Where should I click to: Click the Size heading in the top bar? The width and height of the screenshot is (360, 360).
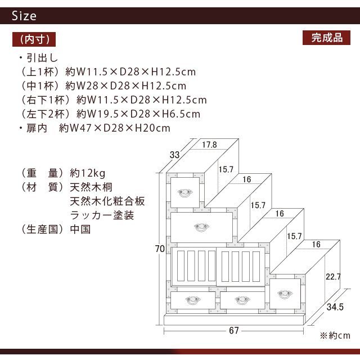(x=24, y=16)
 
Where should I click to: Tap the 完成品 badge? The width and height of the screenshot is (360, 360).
(x=326, y=38)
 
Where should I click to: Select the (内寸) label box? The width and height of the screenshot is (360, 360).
(x=34, y=39)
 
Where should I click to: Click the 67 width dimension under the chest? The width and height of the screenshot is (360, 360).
(x=234, y=330)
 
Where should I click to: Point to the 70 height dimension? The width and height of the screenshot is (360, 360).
(x=160, y=249)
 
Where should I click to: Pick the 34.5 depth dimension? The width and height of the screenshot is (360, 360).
(x=335, y=307)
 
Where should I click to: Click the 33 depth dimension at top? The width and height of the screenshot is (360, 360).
(x=174, y=155)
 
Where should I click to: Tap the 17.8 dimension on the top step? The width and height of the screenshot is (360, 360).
(x=209, y=145)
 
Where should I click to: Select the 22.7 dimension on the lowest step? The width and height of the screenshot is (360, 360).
(x=333, y=276)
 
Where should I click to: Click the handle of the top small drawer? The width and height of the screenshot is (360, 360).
(x=185, y=192)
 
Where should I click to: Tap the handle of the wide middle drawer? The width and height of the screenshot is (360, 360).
(x=201, y=227)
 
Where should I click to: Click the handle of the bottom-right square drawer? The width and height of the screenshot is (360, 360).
(x=285, y=294)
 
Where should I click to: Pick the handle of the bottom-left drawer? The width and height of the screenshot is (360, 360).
(x=193, y=300)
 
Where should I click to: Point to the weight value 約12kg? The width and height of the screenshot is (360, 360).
(x=88, y=173)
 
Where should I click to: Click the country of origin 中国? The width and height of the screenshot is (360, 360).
(x=80, y=229)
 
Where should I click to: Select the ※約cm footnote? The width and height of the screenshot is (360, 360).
(x=335, y=335)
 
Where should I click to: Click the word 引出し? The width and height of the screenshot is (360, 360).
(x=42, y=57)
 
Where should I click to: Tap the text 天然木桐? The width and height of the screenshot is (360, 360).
(x=91, y=187)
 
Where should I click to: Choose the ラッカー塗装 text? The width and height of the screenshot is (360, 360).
(x=102, y=215)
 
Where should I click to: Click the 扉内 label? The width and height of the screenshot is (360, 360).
(x=37, y=128)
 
